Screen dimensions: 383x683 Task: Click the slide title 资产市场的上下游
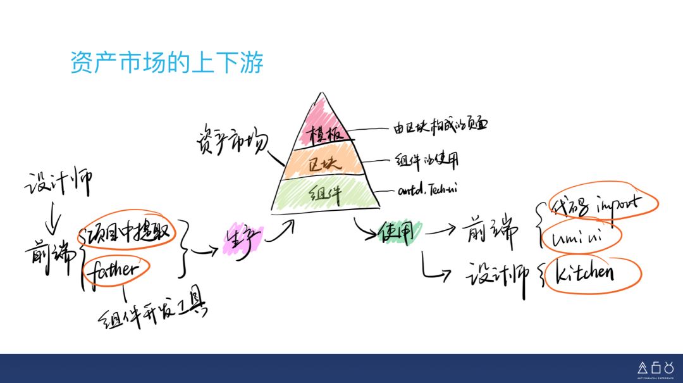pyautogui.click(x=166, y=63)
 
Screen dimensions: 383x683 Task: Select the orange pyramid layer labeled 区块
pyautogui.click(x=324, y=163)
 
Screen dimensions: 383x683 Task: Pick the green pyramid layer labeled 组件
pyautogui.click(x=324, y=193)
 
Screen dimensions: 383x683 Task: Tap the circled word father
pyautogui.click(x=115, y=270)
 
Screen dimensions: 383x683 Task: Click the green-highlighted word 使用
pyautogui.click(x=396, y=233)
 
